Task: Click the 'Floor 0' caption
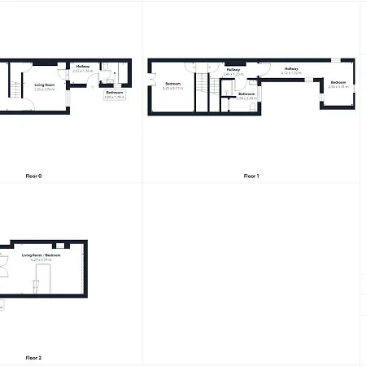pos(34,176)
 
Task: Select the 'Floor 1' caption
pos(251,176)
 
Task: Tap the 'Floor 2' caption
pos(33,358)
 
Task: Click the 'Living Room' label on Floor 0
pos(45,84)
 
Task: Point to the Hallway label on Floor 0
pos(83,67)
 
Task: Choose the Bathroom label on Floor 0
pos(115,93)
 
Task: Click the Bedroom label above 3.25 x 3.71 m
pos(172,84)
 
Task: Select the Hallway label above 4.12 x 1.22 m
pos(291,69)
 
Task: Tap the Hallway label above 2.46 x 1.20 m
pos(234,70)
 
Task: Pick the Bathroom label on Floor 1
pos(247,94)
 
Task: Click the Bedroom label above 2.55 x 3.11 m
pos(338,83)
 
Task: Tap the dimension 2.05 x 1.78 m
pos(115,97)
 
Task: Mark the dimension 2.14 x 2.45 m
pos(247,98)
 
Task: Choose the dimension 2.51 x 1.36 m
pos(83,71)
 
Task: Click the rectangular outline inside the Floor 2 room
pos(36,289)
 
